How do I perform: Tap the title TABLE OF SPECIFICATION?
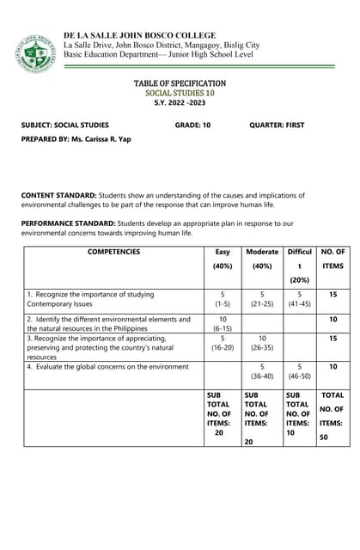[180, 83]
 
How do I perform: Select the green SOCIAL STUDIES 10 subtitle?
[180, 93]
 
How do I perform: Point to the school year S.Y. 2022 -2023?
[180, 102]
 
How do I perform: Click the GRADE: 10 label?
[192, 125]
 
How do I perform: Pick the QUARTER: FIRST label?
[277, 125]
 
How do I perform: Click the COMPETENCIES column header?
[113, 252]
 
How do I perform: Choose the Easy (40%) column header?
[223, 259]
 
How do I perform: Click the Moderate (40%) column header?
[262, 259]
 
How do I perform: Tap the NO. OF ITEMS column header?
[333, 259]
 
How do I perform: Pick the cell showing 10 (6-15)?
[223, 323]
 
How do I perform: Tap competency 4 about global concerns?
[107, 367]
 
